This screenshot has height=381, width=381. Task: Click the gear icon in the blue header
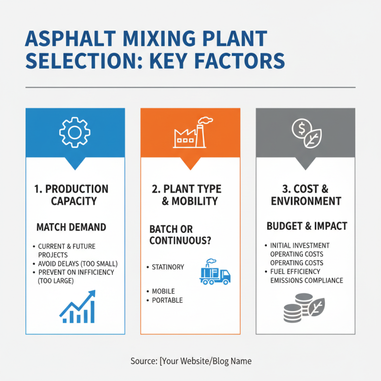tap(75, 131)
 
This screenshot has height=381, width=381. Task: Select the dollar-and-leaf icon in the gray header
tap(305, 132)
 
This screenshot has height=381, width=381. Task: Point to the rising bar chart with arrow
tap(78, 304)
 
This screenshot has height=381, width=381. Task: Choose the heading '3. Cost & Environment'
tap(306, 195)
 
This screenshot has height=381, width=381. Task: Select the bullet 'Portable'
tap(167, 301)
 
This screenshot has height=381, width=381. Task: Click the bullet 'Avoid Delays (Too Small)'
tap(78, 264)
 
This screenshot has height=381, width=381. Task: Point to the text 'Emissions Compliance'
tap(307, 280)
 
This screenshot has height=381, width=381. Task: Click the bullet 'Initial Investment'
tap(300, 246)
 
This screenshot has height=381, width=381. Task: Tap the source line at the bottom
tap(190, 361)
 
